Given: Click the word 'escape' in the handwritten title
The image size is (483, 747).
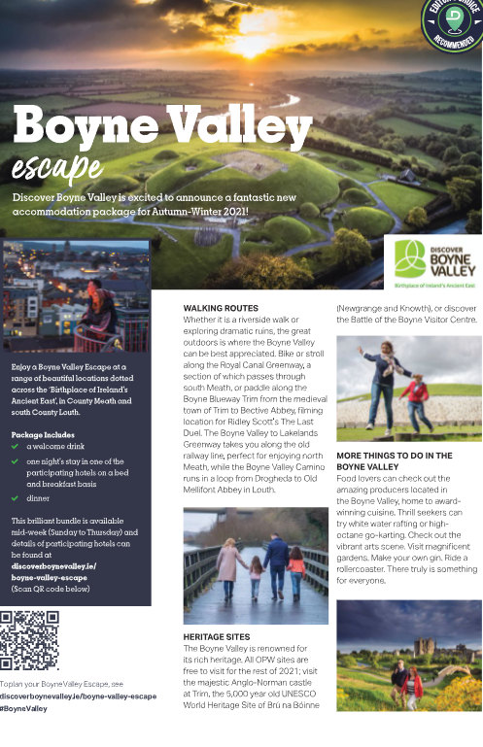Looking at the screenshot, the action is tap(57, 168).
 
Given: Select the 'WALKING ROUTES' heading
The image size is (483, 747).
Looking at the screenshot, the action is tap(221, 309).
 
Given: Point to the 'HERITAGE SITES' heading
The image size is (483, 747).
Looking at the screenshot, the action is tap(217, 637).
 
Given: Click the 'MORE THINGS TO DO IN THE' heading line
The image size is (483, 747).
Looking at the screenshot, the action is tap(395, 456).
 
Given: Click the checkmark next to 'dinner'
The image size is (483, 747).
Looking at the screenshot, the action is tap(15, 497).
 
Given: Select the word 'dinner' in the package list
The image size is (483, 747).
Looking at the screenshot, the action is tap(38, 497).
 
